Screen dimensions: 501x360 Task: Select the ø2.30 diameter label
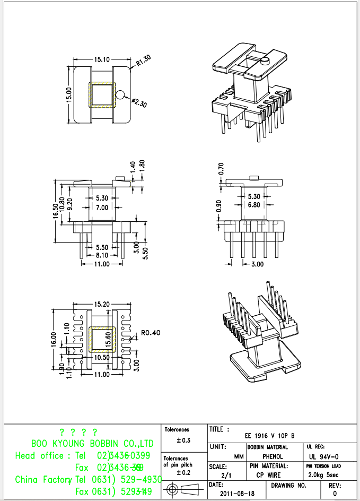(139, 103)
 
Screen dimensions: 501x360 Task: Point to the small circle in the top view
(121, 96)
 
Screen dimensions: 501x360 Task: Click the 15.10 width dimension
(102, 59)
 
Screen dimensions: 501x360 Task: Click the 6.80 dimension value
(254, 205)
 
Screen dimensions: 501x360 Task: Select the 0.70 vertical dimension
(221, 169)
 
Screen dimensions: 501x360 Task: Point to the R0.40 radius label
(151, 333)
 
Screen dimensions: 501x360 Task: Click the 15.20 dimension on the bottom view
(102, 305)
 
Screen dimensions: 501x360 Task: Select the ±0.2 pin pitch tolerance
(183, 472)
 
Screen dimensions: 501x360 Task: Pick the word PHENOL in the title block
(273, 456)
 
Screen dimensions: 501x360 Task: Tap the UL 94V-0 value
(324, 456)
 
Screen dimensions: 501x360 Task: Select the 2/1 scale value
(226, 475)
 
